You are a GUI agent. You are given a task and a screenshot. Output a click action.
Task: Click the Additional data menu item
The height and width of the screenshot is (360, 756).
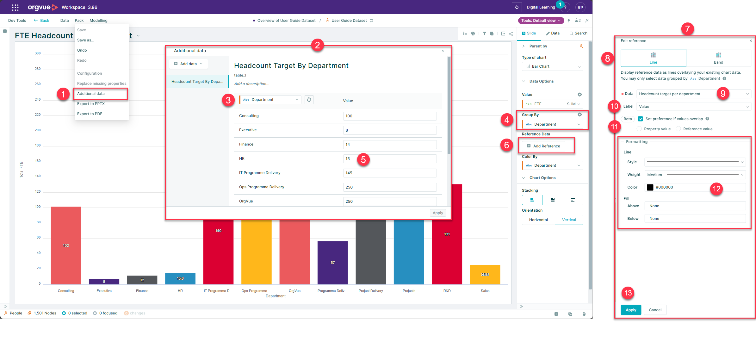coord(91,94)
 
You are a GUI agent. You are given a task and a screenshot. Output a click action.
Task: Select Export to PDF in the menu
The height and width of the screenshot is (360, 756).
coord(90,114)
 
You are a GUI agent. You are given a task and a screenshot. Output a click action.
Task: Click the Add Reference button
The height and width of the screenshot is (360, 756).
coord(543,146)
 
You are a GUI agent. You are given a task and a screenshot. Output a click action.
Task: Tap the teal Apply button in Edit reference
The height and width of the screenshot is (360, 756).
coord(631,310)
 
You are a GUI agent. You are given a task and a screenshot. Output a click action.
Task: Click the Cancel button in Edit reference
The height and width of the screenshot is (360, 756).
coord(655,310)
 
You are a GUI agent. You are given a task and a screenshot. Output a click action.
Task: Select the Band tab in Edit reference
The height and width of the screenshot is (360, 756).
coord(718,58)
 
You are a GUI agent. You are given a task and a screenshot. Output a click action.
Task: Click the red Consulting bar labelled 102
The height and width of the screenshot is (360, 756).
coord(66,245)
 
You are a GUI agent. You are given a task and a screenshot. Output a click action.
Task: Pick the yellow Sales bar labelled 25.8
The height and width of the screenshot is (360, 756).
coord(485,275)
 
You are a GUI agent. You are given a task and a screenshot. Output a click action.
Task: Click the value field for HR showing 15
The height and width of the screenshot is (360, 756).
coord(390,159)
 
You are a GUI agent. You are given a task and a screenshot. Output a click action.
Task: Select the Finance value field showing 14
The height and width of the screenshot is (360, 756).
coord(390,145)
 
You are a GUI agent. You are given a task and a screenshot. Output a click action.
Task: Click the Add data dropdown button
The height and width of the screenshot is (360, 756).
coord(188,64)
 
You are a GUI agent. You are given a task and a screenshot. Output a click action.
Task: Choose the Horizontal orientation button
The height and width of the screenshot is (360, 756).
coord(538,220)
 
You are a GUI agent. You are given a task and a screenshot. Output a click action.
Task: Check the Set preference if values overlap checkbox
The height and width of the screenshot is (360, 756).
coord(641,119)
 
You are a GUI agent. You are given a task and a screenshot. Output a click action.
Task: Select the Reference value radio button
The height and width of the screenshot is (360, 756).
coord(678,129)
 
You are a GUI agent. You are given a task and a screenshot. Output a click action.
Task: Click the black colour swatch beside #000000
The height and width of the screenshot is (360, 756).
coord(650,187)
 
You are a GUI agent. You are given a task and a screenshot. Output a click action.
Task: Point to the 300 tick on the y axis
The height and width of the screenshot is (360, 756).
coord(38,53)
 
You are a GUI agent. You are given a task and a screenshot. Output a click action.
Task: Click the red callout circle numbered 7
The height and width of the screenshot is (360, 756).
coord(687,29)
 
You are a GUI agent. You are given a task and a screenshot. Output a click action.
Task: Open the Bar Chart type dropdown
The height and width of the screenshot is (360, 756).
coord(552,66)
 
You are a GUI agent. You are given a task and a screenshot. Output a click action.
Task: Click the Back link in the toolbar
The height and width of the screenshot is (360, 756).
coord(41,21)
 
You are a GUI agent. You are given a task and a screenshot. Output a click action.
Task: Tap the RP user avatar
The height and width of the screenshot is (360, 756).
coord(580,8)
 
